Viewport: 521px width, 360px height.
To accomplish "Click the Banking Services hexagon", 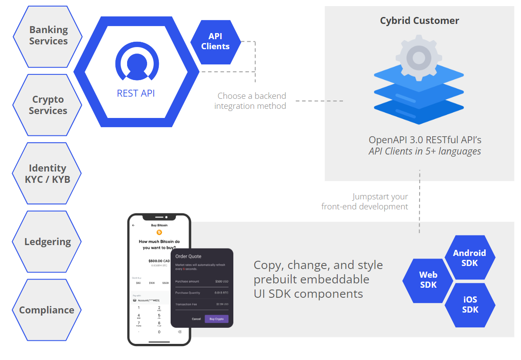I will (x=48, y=36).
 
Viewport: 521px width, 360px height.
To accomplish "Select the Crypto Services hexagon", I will (x=48, y=105).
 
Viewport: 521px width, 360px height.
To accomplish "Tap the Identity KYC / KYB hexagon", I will (x=47, y=173).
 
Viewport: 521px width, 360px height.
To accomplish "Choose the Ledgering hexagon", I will (x=47, y=242).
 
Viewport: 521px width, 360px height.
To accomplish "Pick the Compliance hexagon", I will (x=47, y=310).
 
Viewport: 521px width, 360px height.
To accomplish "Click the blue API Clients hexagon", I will (x=215, y=42).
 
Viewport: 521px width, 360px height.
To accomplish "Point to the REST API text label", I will (x=136, y=93).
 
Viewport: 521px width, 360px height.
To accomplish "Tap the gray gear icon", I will (x=418, y=57).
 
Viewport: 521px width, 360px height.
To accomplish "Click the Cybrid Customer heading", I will (x=419, y=20).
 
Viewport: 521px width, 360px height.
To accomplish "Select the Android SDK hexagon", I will (x=469, y=258).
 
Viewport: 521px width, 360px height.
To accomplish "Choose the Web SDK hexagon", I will (x=428, y=280).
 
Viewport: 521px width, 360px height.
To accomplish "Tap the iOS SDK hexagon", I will (x=470, y=304).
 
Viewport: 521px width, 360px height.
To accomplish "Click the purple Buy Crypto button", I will (x=216, y=319).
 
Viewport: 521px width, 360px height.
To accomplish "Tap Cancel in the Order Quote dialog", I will (x=196, y=319).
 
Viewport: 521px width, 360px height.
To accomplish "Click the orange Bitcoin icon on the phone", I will (x=159, y=232).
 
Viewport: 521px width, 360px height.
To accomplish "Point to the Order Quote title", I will (x=188, y=256).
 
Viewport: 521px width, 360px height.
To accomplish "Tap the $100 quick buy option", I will (x=151, y=283).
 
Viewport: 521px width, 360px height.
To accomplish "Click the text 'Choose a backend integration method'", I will (x=251, y=101).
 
